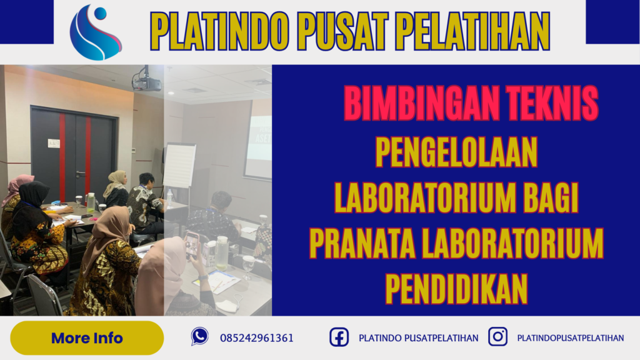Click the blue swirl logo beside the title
96,32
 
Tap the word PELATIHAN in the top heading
478,32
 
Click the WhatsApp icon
199,337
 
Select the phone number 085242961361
257,338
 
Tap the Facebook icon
339,337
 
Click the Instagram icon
497,337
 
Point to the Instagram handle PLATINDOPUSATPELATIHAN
570,338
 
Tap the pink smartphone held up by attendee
191,245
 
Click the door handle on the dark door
79,172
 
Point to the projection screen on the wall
257,147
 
